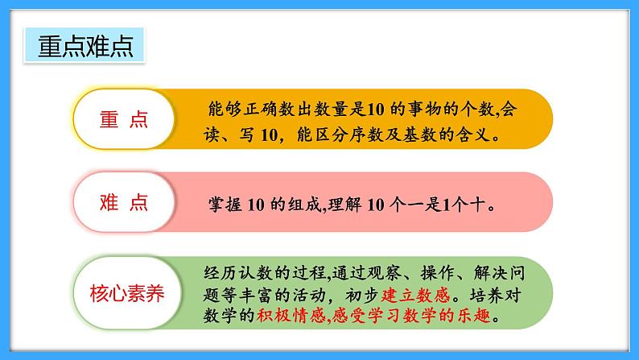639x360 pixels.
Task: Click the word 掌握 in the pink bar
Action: point(221,205)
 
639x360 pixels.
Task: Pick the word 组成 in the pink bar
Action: point(311,205)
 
